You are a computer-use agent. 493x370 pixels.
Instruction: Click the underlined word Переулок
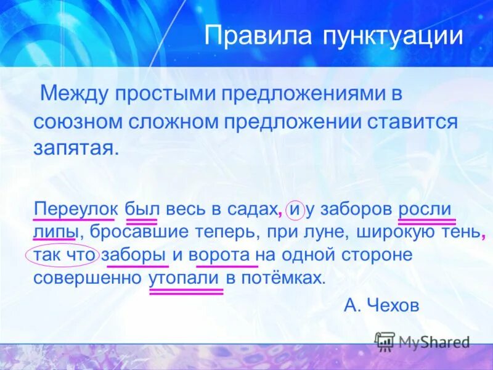click(74, 208)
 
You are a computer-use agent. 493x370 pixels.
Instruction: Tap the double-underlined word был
click(141, 208)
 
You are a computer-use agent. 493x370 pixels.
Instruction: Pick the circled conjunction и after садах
click(295, 209)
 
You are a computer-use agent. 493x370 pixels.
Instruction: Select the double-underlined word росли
click(426, 208)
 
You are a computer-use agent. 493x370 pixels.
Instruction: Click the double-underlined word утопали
click(185, 277)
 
